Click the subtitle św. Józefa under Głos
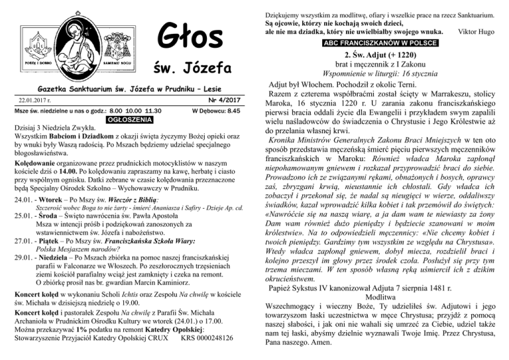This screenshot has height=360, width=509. click(x=192, y=68)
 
